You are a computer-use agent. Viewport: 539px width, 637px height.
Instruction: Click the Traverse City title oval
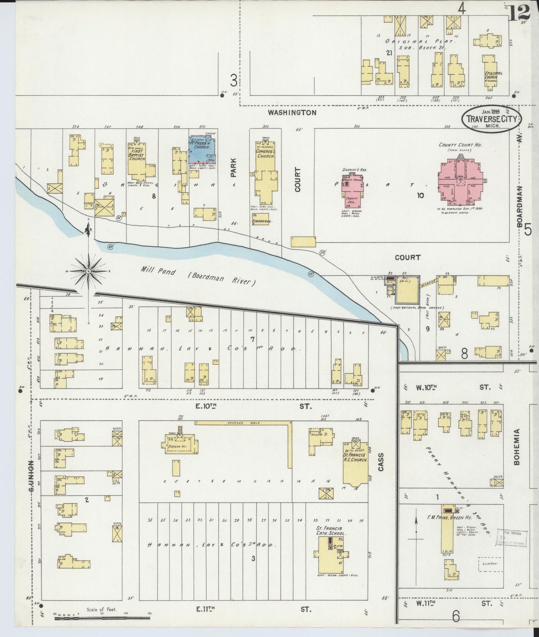[492, 119]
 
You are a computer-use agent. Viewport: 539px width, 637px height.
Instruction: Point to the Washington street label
[292, 112]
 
